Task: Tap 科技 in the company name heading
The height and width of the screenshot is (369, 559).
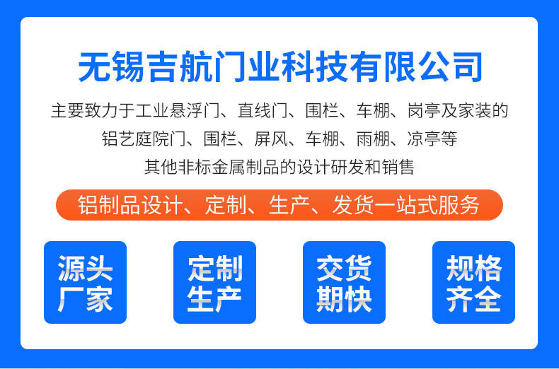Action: coord(316,67)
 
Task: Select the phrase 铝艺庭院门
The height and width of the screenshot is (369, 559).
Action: coord(144,139)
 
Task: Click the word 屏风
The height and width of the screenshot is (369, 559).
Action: coord(271,139)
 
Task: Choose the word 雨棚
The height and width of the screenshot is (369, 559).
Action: coord(373,139)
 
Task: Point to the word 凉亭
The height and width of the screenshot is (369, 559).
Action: coord(424,139)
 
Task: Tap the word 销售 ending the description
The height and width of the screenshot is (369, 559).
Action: coord(398,167)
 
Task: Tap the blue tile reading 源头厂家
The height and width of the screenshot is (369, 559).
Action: coord(85,283)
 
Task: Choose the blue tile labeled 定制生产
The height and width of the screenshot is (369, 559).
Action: coord(214,283)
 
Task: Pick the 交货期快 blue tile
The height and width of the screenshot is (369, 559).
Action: coord(344,283)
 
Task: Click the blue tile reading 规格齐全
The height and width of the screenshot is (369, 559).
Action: coord(473,283)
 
